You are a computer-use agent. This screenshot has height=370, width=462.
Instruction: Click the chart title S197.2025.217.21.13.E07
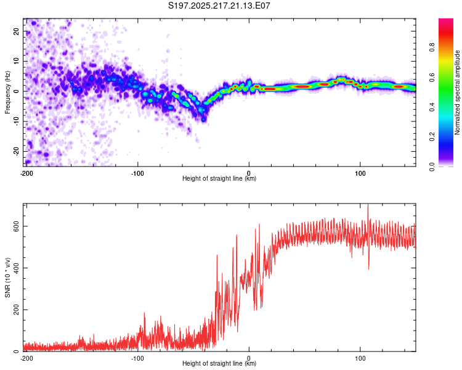click(219, 6)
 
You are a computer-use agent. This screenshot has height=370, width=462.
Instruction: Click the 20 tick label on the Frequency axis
click(16, 31)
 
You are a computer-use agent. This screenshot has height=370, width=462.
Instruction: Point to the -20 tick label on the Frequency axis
click(16, 152)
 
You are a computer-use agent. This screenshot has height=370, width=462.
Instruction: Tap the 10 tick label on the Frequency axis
click(16, 61)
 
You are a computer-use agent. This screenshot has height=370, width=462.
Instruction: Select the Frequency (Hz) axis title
click(7, 92)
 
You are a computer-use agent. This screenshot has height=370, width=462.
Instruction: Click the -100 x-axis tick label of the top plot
click(137, 173)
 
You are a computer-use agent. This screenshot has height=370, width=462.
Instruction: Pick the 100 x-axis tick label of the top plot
click(360, 173)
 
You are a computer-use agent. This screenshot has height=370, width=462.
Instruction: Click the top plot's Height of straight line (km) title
click(219, 178)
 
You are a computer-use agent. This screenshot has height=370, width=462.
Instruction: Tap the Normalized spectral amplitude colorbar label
click(457, 92)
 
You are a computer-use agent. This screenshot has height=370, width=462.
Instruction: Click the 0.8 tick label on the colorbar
click(432, 47)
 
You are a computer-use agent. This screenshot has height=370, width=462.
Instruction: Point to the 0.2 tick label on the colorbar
click(432, 137)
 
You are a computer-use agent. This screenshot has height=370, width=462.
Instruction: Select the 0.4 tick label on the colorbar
click(432, 107)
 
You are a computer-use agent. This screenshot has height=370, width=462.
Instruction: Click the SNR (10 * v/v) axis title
click(7, 277)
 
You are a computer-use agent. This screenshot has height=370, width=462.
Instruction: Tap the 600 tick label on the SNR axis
click(16, 226)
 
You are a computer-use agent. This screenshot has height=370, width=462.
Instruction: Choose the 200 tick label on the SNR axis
click(16, 310)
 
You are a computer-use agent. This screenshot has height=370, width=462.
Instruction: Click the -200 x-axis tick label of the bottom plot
click(26, 358)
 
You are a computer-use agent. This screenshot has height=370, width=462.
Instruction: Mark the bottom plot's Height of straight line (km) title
click(219, 363)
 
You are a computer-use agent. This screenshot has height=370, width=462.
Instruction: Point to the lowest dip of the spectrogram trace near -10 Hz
click(203, 120)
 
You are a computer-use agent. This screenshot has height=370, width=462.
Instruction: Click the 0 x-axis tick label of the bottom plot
click(249, 358)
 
